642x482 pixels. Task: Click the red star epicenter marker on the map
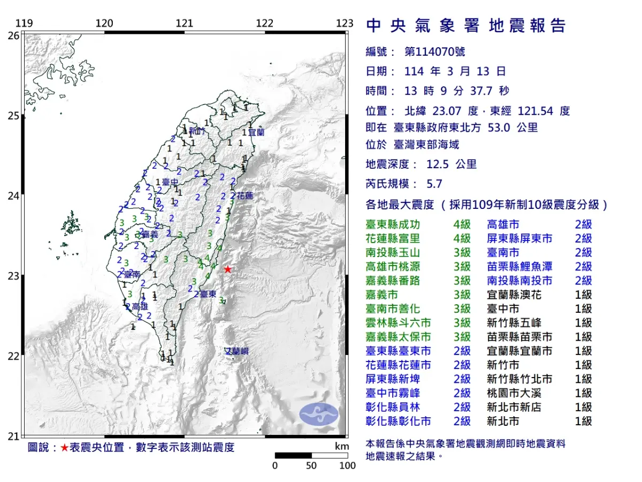(228, 269)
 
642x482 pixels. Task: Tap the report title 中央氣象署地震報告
(465, 26)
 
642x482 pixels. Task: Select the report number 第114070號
(434, 52)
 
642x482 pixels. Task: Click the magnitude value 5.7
(434, 184)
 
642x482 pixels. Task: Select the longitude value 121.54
(537, 111)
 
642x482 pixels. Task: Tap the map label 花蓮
(244, 195)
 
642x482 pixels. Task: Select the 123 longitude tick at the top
(345, 24)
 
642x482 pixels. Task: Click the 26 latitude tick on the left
(13, 35)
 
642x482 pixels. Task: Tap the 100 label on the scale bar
(347, 465)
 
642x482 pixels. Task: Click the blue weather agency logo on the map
(319, 415)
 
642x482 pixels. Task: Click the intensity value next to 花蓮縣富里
(462, 238)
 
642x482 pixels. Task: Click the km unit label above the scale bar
(341, 447)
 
